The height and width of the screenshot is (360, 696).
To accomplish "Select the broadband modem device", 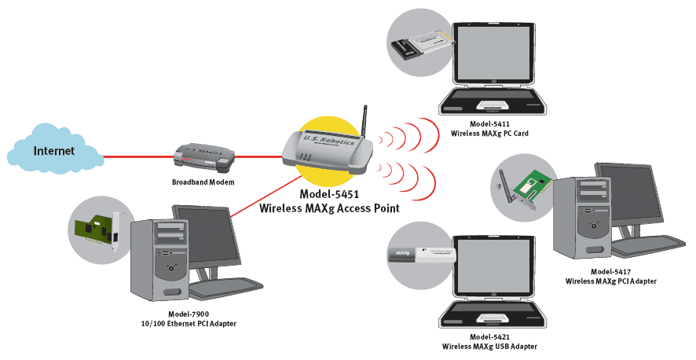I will point(203,157).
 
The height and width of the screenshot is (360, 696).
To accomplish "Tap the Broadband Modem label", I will point(203,182).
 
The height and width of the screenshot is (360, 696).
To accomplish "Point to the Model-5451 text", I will point(329,194).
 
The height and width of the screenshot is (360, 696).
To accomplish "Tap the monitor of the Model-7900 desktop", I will point(205,236).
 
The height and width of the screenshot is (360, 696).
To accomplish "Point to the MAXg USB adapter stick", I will point(423,254).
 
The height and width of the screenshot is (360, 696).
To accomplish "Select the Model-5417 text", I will point(610,271).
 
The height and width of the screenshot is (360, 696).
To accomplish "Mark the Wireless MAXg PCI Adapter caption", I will point(610,281).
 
